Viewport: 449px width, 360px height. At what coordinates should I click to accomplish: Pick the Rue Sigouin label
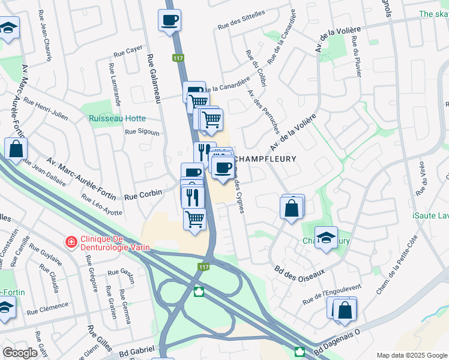[142, 132]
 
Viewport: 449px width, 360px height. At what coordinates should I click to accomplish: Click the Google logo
[20, 352]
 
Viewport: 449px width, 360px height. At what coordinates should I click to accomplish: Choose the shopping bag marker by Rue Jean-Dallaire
[16, 149]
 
